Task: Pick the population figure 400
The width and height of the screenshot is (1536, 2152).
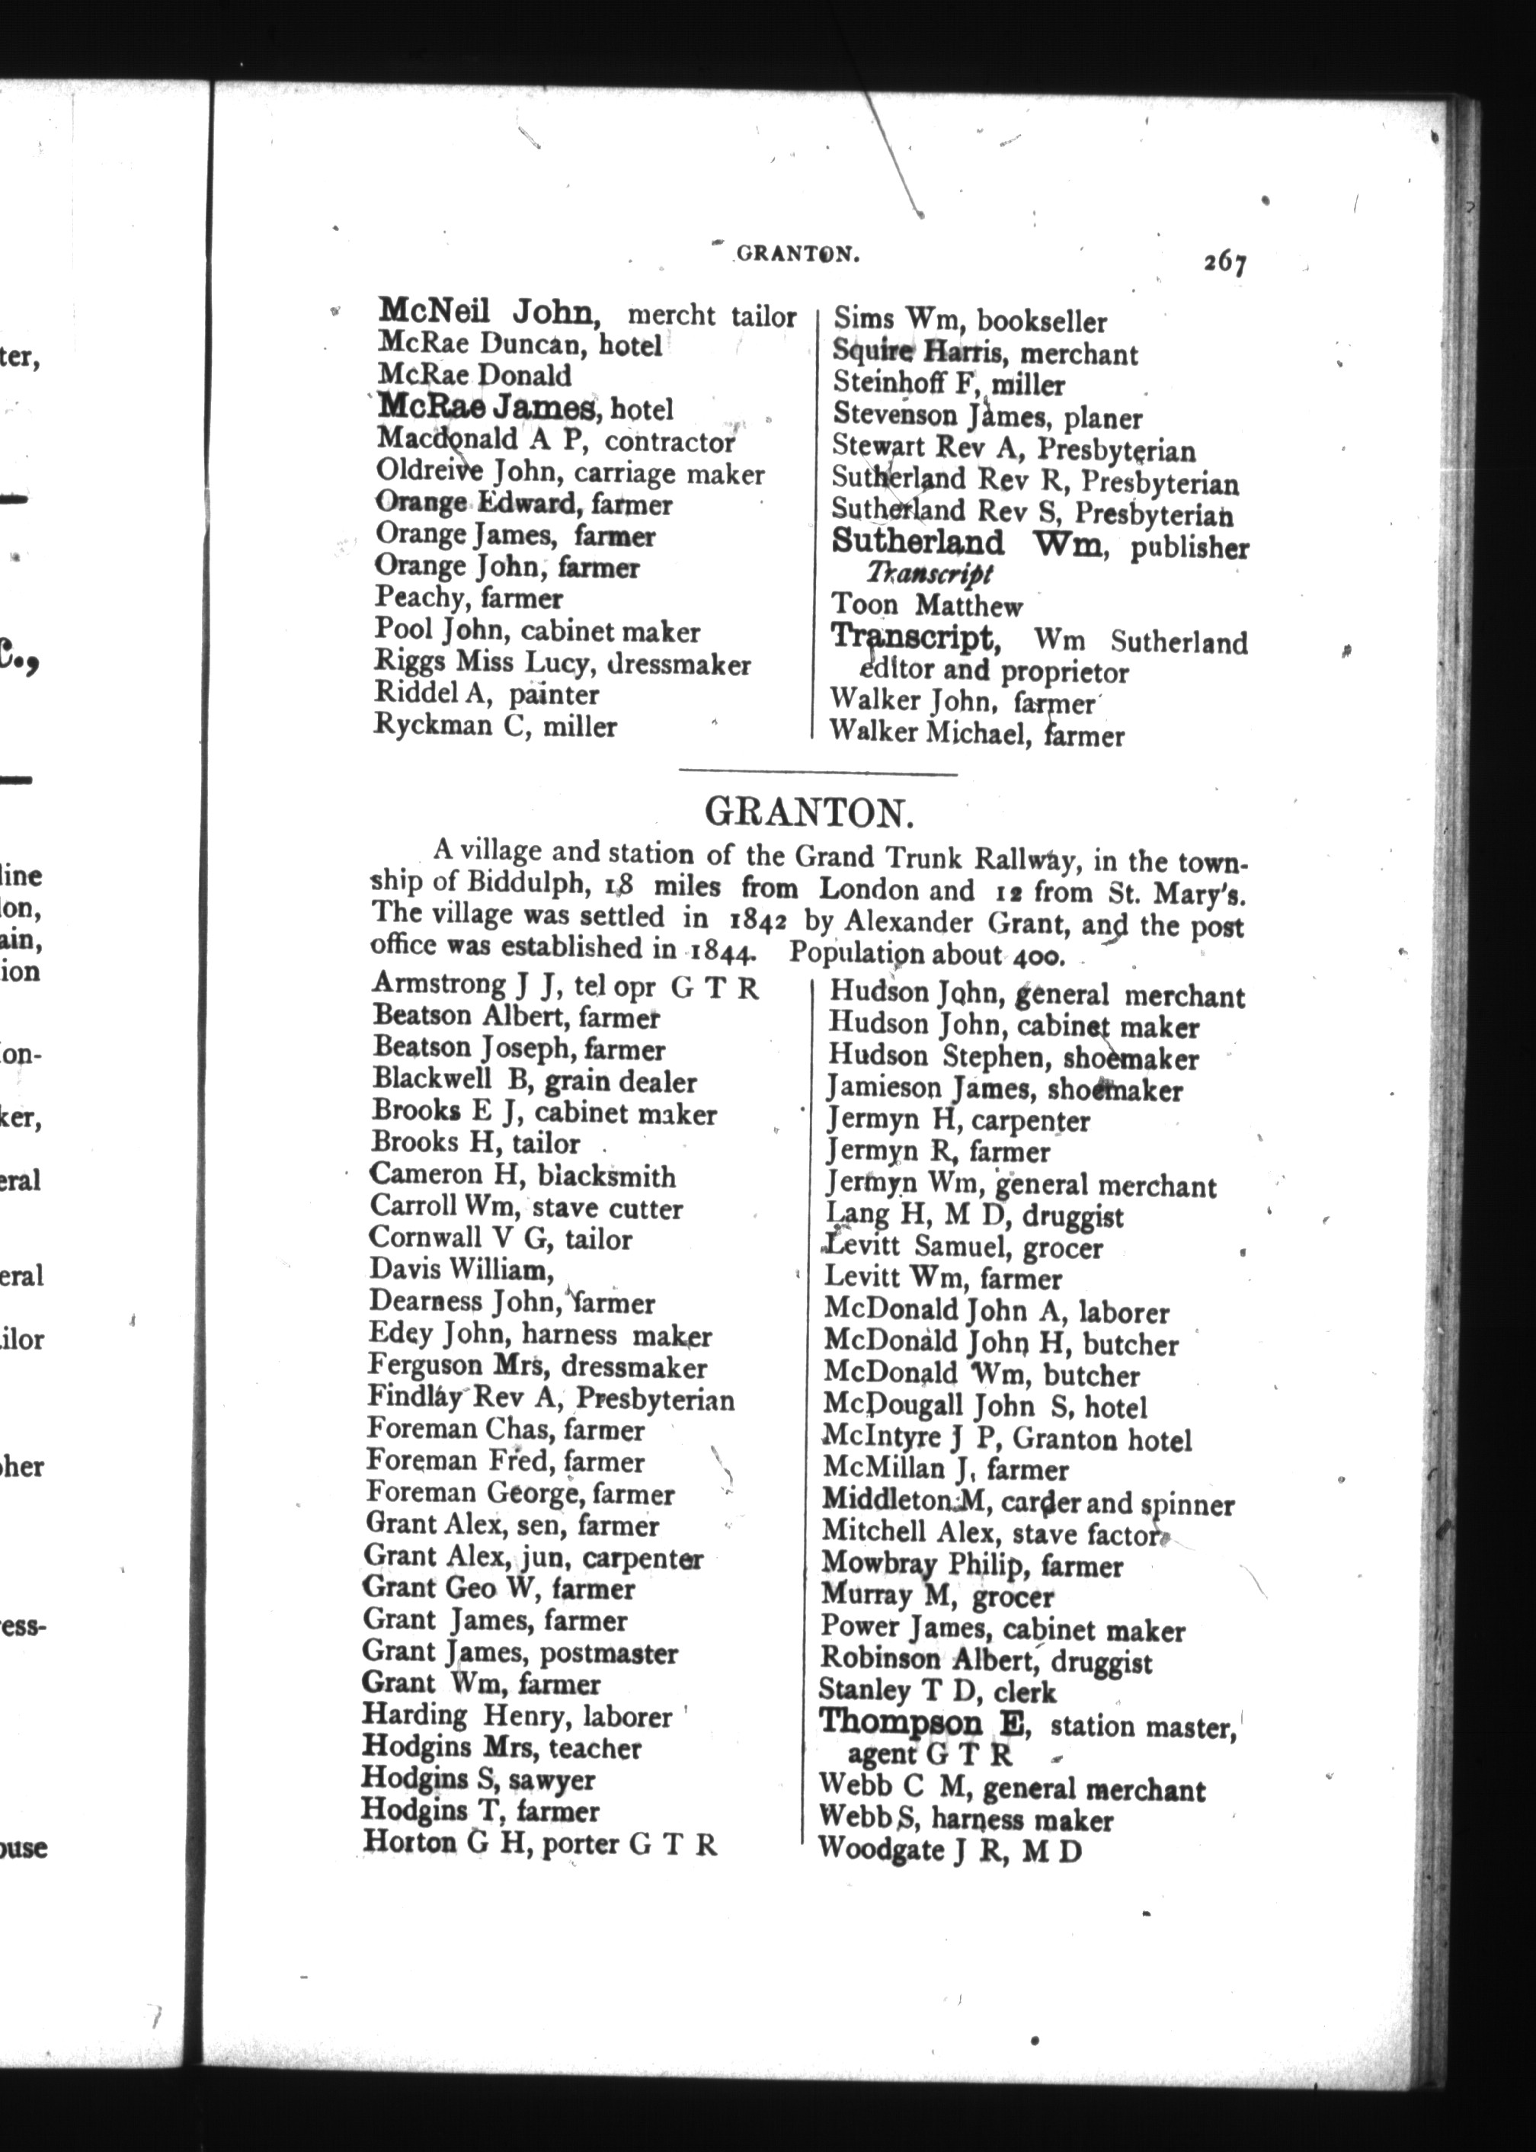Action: [x=1038, y=957]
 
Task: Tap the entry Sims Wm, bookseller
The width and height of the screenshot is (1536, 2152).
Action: [x=969, y=322]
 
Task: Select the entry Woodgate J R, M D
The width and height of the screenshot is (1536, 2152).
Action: [x=949, y=1849]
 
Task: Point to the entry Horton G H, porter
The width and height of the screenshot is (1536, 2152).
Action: [x=539, y=1843]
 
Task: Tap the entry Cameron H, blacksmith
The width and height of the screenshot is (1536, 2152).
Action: [x=522, y=1176]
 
